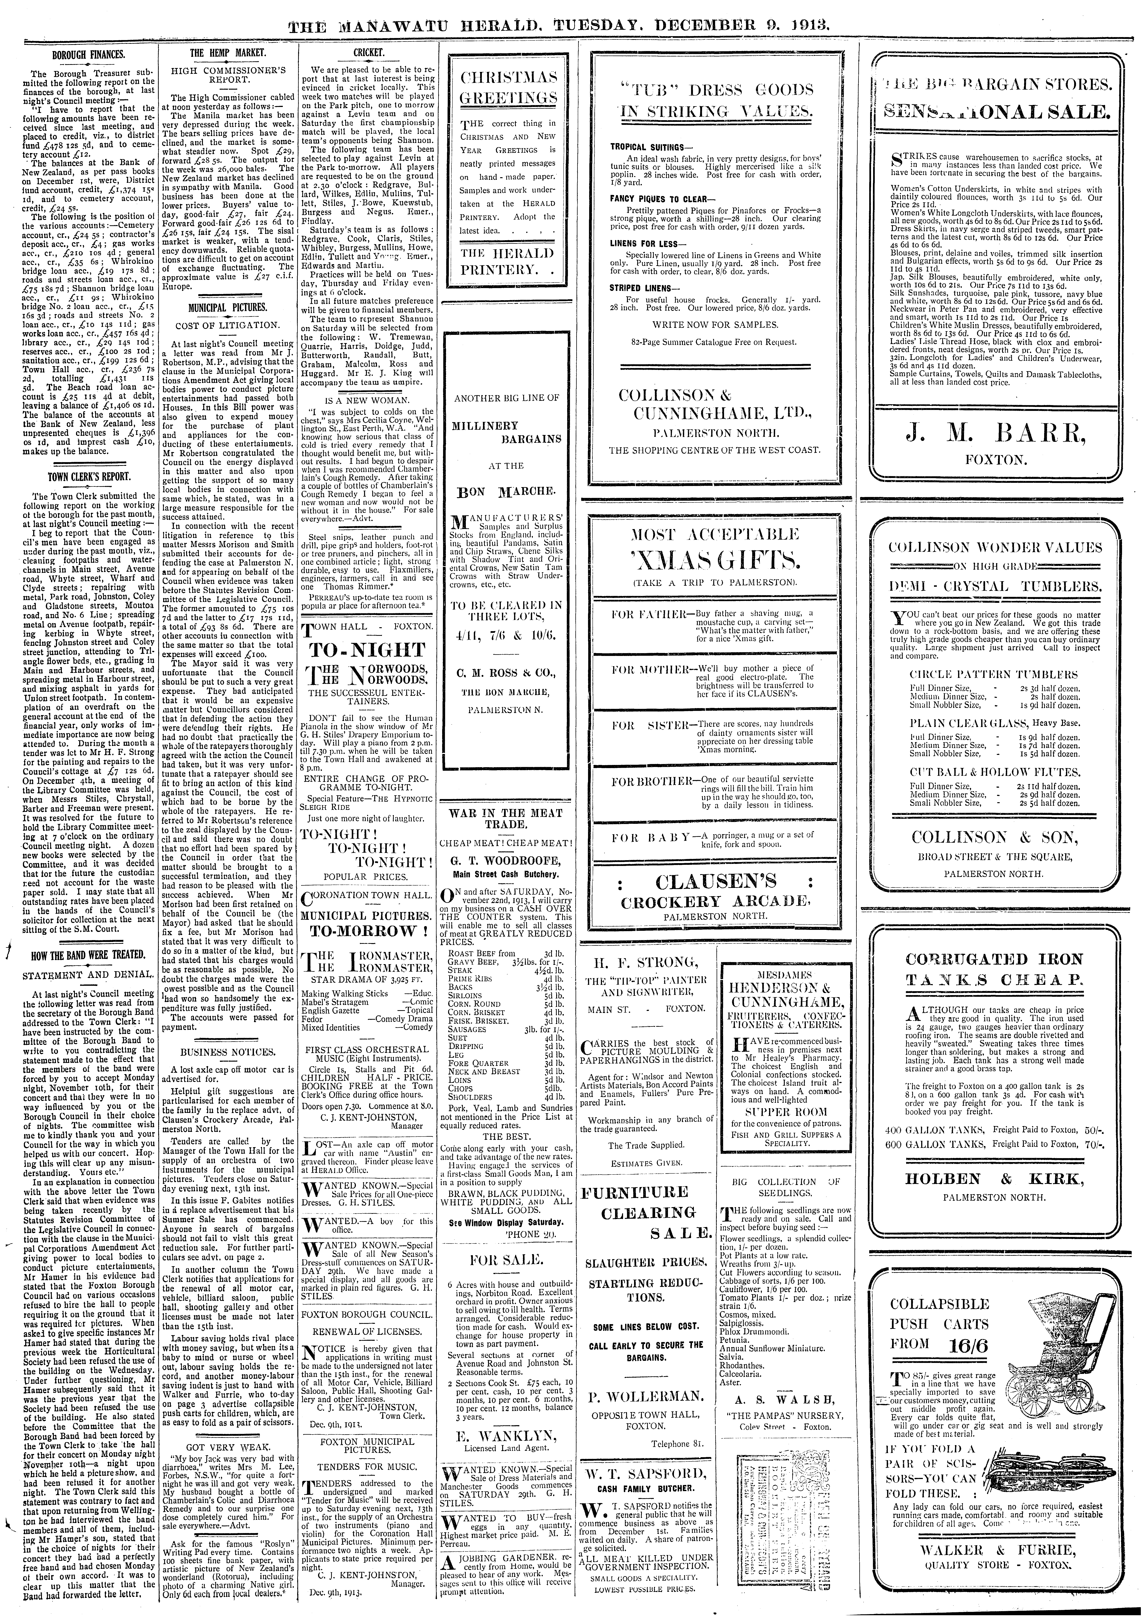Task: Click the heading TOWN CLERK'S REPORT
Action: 88,477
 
